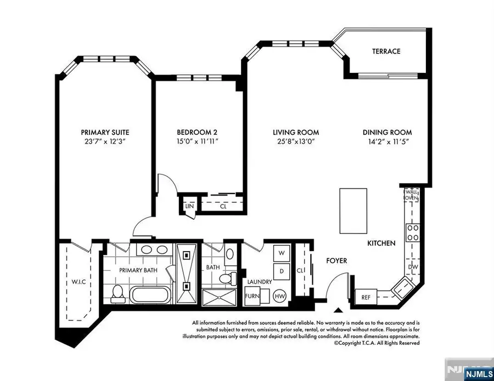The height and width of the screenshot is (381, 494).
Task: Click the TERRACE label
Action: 386,52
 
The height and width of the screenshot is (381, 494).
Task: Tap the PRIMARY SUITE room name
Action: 105,132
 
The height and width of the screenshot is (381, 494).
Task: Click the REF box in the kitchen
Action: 366,298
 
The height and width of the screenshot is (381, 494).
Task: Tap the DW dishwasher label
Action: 413,268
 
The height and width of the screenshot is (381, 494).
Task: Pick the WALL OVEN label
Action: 412,194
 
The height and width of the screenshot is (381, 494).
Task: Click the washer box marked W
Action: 282,253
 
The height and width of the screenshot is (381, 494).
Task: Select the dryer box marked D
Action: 282,270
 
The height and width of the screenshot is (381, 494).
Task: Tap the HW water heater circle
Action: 280,295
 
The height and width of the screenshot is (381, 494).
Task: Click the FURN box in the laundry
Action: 252,295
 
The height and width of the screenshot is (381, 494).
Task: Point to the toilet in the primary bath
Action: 116,293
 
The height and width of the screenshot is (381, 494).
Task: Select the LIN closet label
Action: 189,207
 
